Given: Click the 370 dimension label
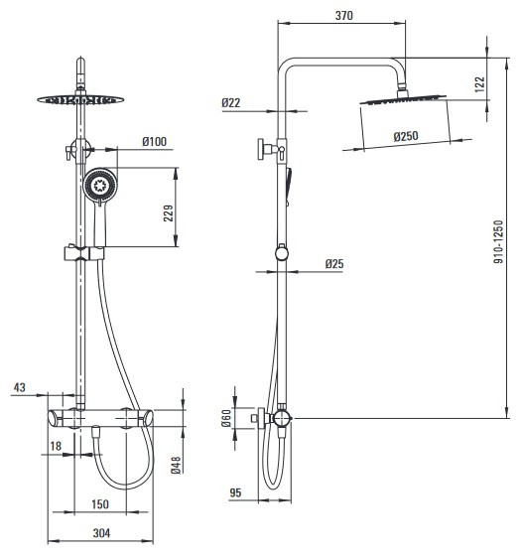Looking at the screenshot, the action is tap(343, 16).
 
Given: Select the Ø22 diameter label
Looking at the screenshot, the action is tap(231, 103).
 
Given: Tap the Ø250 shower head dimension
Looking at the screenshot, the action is tap(406, 136).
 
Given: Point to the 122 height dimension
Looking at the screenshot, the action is tap(479, 84).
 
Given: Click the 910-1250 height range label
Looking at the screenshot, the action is tap(498, 241).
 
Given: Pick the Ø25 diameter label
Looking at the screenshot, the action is tap(334, 263).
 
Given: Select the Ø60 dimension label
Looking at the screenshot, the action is tap(226, 418).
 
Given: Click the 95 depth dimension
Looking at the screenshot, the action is tap(235, 492).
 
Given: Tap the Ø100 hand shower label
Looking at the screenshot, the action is tap(155, 142).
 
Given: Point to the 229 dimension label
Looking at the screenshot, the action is tap(169, 213).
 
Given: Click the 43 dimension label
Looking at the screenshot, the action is tap(20, 387).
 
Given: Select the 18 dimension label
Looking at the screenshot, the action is tap(56, 446).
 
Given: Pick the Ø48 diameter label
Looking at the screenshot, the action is tap(176, 465).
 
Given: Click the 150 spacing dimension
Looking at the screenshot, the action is tap(100, 504).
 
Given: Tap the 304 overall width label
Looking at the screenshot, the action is tap(101, 533).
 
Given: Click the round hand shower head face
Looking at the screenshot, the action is tap(100, 185).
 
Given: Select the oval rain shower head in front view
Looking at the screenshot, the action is tap(80, 99).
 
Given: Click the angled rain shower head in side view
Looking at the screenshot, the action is tap(403, 99).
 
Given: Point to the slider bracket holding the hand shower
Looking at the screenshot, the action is tap(84, 253).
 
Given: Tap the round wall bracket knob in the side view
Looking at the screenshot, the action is tap(282, 253).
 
